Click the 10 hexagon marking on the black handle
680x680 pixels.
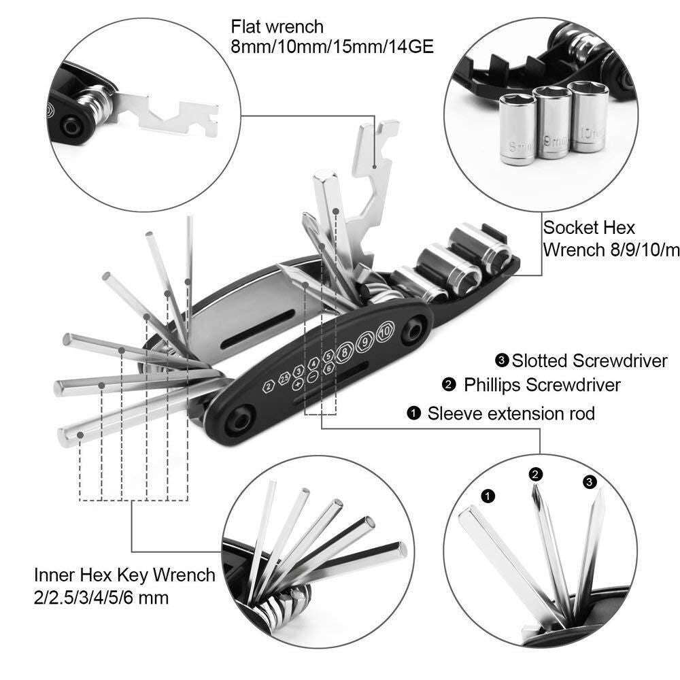[385, 331]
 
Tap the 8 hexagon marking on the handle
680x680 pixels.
[346, 351]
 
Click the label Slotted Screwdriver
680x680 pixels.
[589, 360]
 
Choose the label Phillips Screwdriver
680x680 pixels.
[542, 385]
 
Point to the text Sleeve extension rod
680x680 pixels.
[511, 413]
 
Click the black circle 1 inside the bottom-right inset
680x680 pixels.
[487, 496]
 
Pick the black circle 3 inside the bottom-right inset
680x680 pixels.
[589, 482]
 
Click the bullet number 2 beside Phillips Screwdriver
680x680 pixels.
[448, 386]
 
